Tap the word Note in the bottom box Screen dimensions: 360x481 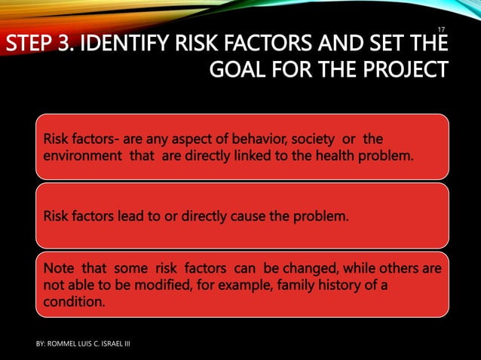(x=59, y=269)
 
